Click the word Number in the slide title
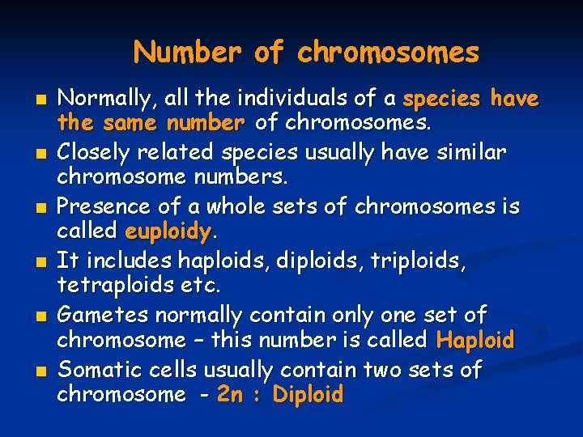[x=187, y=53]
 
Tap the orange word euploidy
[x=167, y=231]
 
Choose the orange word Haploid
[x=474, y=341]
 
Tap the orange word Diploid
[x=309, y=396]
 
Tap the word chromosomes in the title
[x=388, y=53]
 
